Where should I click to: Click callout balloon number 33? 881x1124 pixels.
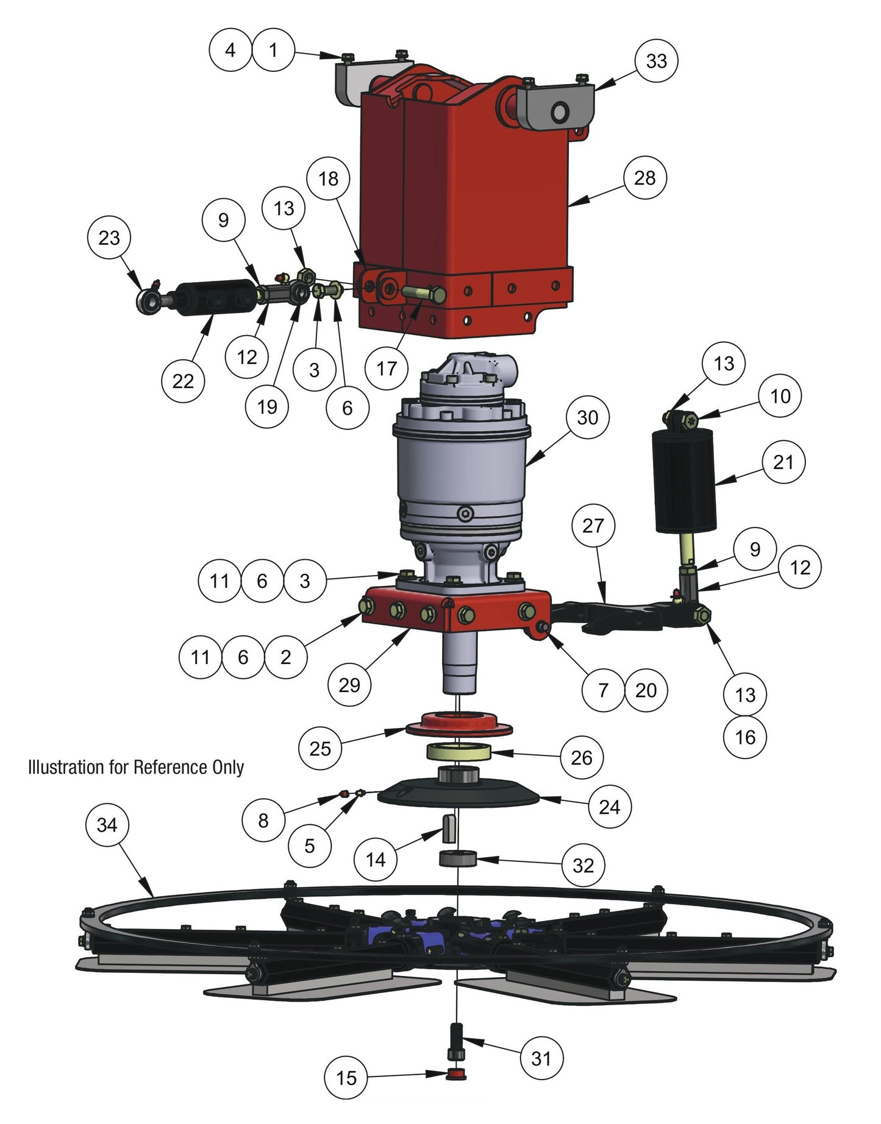[656, 61]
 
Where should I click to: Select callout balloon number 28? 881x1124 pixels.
[645, 178]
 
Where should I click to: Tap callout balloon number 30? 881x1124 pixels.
[587, 418]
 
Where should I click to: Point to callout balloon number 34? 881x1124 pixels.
[107, 825]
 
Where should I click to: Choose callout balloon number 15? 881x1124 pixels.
[346, 1078]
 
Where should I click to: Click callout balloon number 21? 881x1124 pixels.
[783, 462]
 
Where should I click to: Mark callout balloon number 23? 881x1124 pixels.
[109, 238]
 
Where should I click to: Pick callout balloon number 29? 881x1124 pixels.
[349, 685]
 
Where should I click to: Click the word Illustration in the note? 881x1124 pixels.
[66, 767]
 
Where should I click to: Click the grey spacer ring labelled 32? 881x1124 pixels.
[457, 860]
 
